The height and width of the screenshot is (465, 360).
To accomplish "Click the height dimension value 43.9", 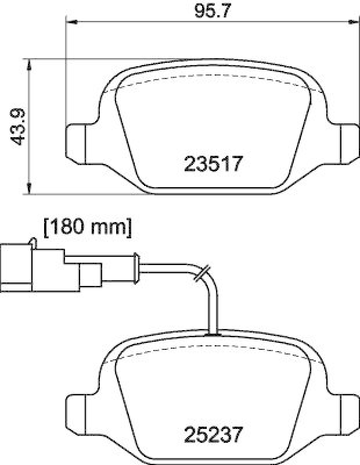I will click(x=19, y=126).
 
